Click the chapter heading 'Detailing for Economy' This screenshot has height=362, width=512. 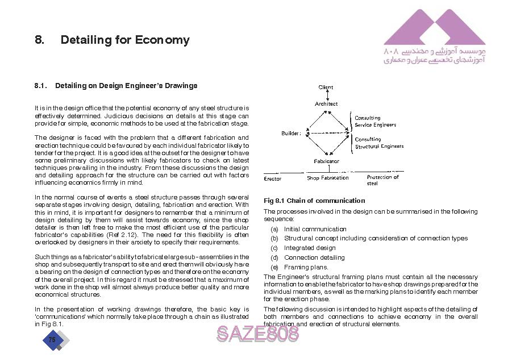(124, 40)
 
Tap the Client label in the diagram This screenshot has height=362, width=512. (326, 88)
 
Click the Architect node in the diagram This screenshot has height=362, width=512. (326, 104)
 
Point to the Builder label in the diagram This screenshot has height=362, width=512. (291, 134)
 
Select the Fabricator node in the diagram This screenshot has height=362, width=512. (326, 161)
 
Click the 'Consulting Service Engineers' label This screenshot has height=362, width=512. (375, 122)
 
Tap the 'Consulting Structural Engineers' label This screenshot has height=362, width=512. (379, 143)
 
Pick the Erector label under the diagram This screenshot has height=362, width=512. (273, 178)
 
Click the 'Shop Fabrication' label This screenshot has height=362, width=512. (327, 178)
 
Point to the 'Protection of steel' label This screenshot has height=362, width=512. (382, 180)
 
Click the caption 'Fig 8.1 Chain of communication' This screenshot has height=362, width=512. (314, 201)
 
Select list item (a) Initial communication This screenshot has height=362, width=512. (315, 229)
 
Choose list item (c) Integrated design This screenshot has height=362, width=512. (309, 248)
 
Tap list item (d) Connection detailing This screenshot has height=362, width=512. (314, 257)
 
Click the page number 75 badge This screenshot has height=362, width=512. (52, 340)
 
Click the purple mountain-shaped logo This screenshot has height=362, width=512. (434, 28)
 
